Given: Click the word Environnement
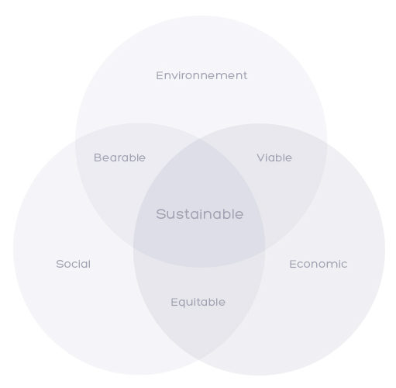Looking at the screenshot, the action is tap(201, 75).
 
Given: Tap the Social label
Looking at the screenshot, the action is tap(74, 264).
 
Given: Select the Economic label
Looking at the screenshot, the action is tap(319, 264).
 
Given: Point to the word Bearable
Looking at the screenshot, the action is tap(119, 158).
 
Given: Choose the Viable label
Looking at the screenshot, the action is tap(274, 158).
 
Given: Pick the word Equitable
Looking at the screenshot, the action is tap(198, 302).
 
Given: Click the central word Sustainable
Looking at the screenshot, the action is tap(199, 214).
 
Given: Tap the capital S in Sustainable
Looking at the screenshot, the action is tap(161, 214).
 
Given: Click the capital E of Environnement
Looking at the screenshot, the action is tap(160, 75).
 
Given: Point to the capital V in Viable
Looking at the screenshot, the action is tap(261, 158).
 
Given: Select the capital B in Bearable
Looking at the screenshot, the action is tap(98, 158).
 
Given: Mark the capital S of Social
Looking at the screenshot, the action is tap(60, 264).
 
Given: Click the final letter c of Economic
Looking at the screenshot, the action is tap(343, 265).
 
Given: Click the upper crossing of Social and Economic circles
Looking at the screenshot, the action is tap(200, 140).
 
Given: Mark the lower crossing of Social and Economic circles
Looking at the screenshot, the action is tap(199, 359).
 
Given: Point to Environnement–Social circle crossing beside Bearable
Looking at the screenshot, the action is tap(76, 140).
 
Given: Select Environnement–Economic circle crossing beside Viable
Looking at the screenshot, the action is tap(326, 143).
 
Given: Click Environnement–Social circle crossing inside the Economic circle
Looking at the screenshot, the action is tap(265, 251).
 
